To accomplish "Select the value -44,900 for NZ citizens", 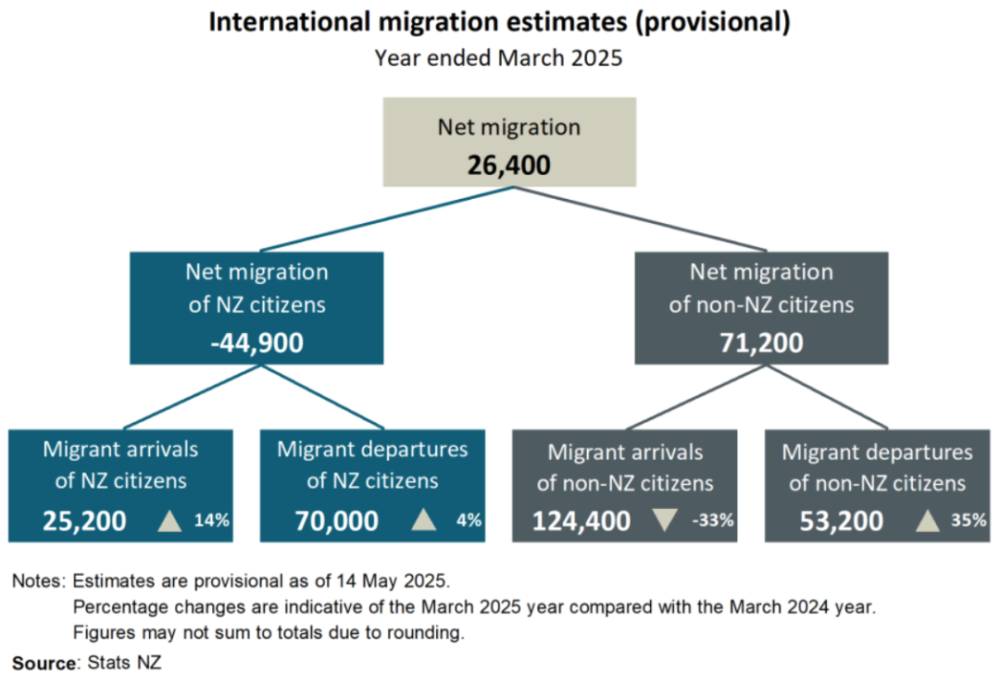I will point(256,342).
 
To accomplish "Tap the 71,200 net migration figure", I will point(761,342).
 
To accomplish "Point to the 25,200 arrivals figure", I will point(84,521).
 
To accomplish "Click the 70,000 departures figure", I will point(337,521).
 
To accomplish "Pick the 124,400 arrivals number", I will point(581,521).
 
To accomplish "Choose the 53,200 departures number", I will point(841,521).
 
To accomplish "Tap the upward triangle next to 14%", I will point(169,520).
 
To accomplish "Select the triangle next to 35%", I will point(928,520).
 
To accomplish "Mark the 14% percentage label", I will point(212,521).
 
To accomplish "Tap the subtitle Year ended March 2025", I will point(498,57).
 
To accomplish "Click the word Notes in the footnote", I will point(37,582).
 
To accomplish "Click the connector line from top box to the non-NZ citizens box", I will point(639,218).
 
